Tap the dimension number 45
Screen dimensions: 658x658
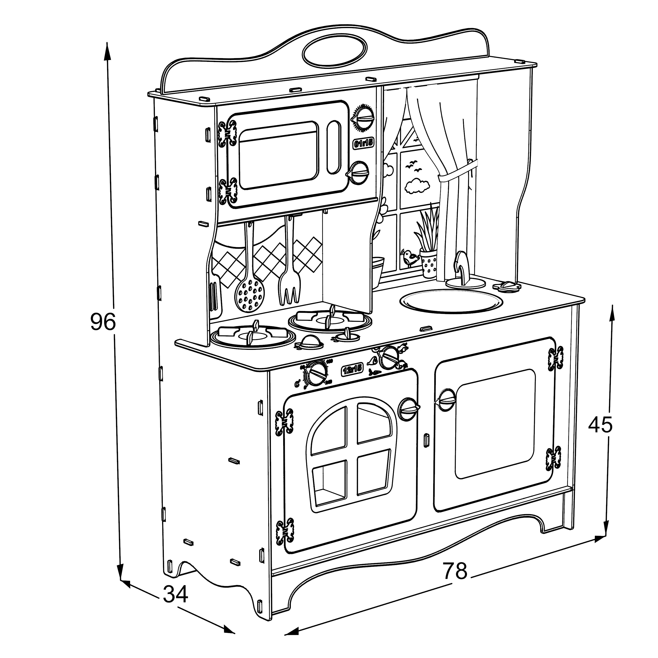point(601,425)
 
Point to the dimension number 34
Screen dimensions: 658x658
point(175,594)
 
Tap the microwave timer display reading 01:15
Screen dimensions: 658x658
point(363,144)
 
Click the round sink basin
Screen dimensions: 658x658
point(451,301)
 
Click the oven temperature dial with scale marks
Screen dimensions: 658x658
point(316,373)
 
